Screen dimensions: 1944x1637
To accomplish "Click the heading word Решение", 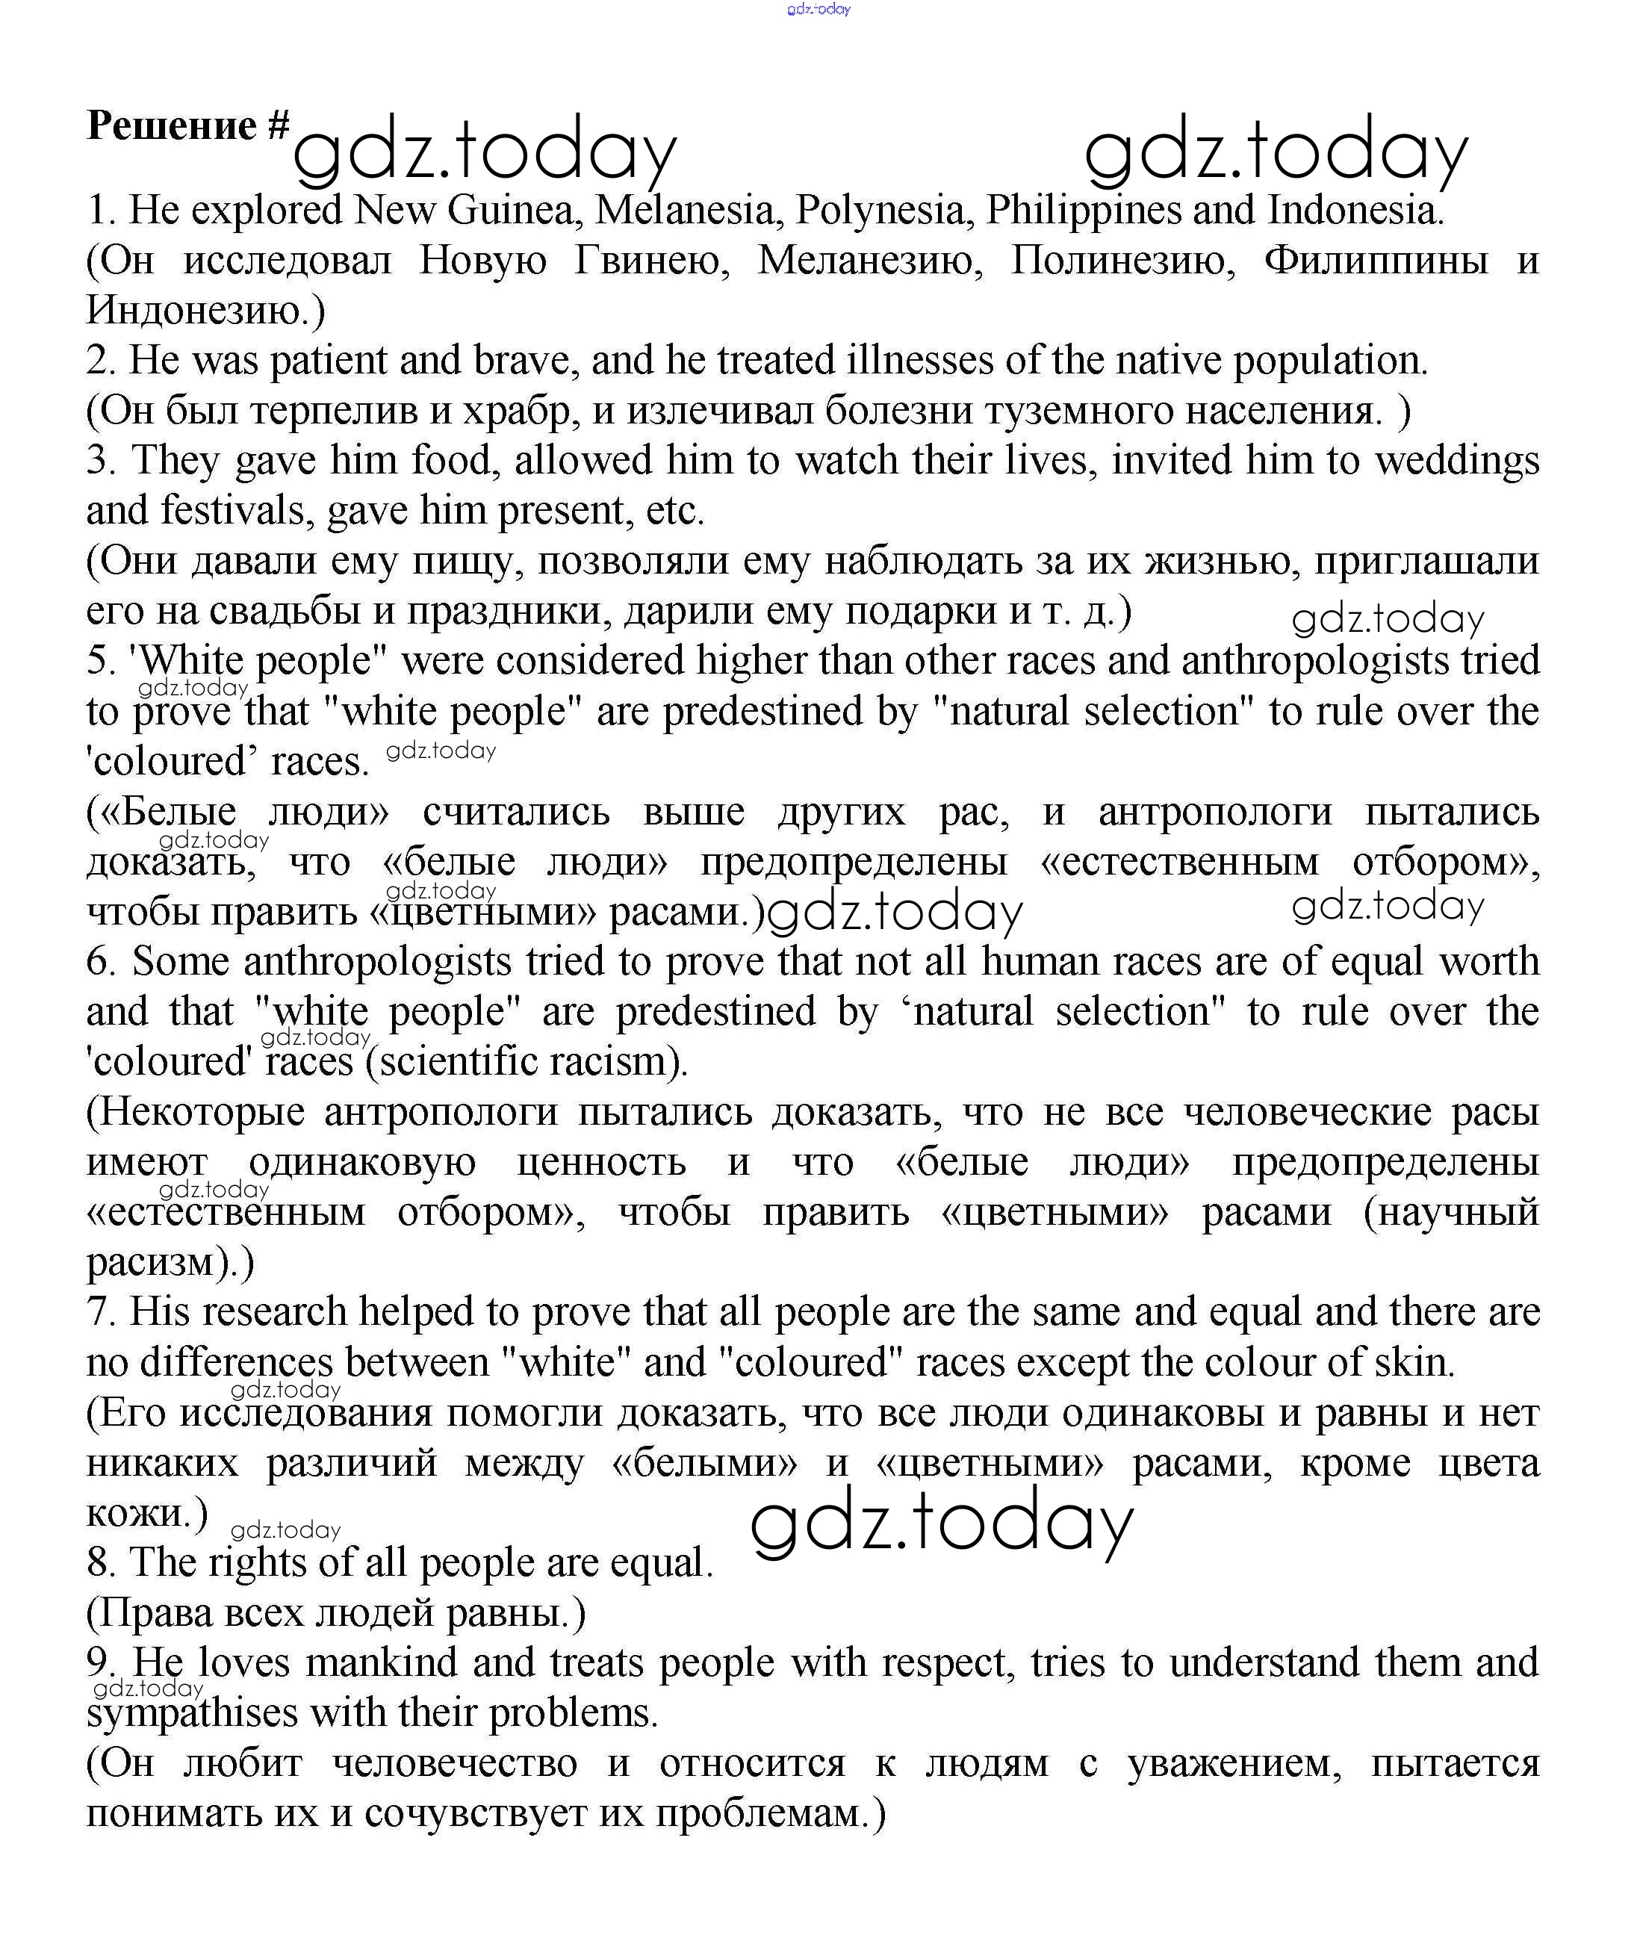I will coord(171,125).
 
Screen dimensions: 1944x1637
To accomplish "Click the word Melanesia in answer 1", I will coord(684,210).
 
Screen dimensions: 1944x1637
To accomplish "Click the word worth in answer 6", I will coord(1488,961).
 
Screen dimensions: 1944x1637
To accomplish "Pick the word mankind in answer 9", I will coord(382,1663).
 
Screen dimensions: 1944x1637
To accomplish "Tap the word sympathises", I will coord(191,1713).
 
